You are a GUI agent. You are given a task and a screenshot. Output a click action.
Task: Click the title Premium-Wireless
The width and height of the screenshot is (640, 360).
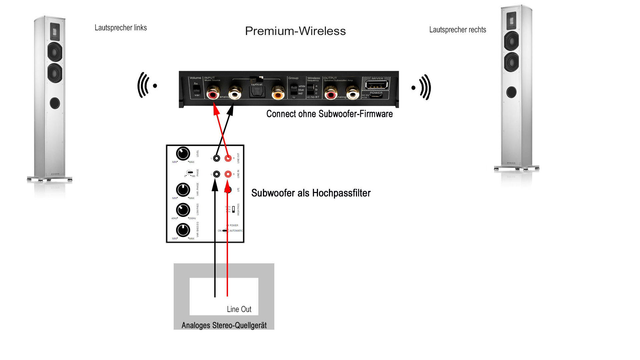pos(295,31)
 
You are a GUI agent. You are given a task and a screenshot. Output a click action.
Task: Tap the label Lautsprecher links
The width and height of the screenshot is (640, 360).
pos(121,28)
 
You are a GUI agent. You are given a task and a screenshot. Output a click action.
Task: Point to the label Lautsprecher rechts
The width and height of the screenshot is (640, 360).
pos(457,30)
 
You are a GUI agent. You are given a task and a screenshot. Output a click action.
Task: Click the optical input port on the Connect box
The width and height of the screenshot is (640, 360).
pos(257,92)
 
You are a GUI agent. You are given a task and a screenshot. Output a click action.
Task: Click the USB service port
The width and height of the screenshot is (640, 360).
pos(377,84)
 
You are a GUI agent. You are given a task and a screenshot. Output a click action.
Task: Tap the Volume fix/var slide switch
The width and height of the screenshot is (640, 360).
pos(197,89)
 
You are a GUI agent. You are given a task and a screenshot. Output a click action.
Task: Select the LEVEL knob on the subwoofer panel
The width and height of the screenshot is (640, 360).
pos(183,153)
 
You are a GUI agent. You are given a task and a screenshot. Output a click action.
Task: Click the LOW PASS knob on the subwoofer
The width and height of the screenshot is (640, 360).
pos(183,210)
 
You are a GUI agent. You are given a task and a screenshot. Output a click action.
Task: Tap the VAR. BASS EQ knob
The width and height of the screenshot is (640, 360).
pos(183,230)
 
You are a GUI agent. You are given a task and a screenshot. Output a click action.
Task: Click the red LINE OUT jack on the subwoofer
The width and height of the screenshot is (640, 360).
pos(228,158)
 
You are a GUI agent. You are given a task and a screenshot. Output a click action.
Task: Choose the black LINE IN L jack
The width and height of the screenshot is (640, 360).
pos(217,174)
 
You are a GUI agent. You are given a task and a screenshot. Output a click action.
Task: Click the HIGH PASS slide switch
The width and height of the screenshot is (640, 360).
pos(233,209)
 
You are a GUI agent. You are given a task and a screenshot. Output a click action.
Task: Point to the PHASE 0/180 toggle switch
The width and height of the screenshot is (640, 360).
pos(190,173)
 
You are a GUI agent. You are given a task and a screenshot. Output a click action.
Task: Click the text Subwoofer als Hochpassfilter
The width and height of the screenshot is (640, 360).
pos(311,193)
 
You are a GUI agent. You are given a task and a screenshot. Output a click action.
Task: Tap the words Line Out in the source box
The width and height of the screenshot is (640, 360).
pos(239,309)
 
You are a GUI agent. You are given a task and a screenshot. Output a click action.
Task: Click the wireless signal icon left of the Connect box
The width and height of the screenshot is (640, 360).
pos(147,85)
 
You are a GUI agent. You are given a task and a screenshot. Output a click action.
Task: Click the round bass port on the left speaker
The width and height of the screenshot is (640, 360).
pos(55,103)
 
